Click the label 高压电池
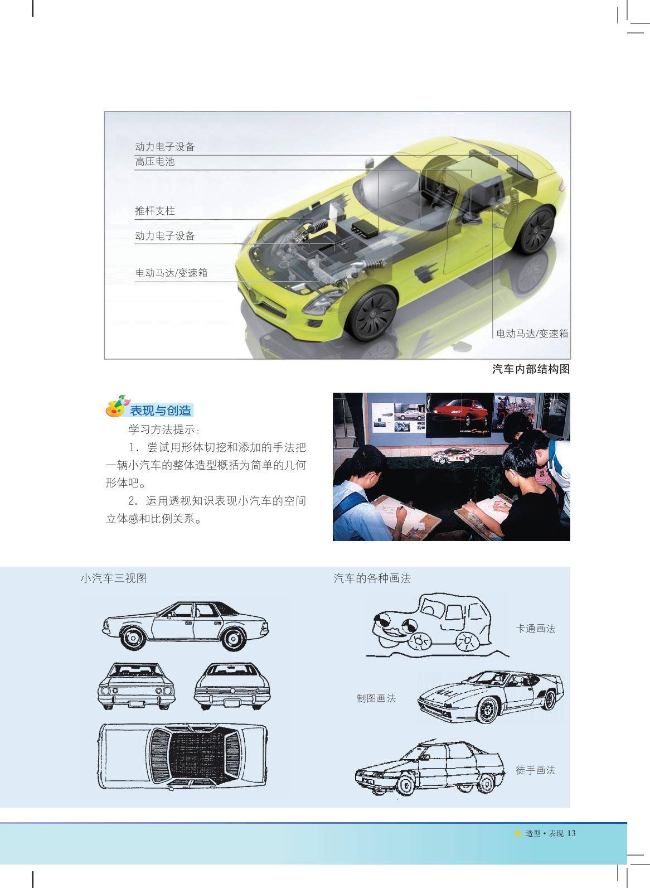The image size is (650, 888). click(154, 162)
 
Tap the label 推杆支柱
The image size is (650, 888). click(154, 211)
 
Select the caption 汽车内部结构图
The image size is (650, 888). click(531, 369)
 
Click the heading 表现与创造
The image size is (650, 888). click(161, 411)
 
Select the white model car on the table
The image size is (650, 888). click(452, 456)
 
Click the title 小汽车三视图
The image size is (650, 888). click(114, 578)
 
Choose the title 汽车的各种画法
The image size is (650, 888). click(372, 578)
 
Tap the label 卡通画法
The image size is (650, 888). click(536, 628)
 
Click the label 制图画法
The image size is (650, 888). click(376, 698)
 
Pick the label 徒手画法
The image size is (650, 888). click(536, 770)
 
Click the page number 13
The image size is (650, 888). click(571, 833)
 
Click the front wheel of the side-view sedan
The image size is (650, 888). click(133, 638)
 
